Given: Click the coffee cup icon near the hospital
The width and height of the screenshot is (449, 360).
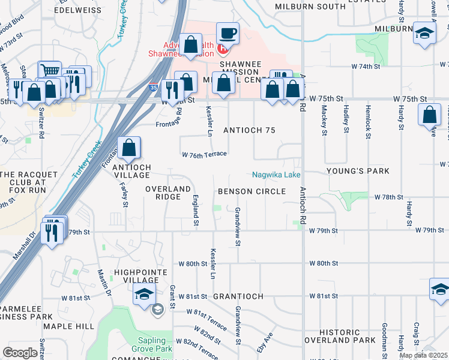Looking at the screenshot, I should [x=227, y=34].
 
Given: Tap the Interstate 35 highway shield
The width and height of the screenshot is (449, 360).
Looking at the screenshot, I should [x=154, y=87].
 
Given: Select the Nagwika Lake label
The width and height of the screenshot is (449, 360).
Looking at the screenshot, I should [x=276, y=175].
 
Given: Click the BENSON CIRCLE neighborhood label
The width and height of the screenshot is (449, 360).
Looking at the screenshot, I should [x=252, y=191].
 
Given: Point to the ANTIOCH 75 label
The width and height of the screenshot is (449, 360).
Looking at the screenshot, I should [x=249, y=130].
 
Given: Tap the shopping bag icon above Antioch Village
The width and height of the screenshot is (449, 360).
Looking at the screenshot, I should [x=129, y=148].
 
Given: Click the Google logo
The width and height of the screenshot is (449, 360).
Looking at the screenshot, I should [x=20, y=353].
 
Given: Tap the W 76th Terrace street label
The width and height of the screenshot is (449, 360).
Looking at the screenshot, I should [x=205, y=154].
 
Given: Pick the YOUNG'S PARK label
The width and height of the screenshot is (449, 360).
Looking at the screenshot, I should [x=350, y=171].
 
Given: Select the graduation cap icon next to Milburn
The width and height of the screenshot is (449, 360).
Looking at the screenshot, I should [x=424, y=34].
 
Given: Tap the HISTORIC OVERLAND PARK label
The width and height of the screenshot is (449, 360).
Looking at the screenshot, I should [x=348, y=337].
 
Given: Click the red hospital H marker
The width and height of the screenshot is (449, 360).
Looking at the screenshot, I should [x=222, y=47].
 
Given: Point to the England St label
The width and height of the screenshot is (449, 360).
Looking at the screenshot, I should [x=196, y=210].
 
